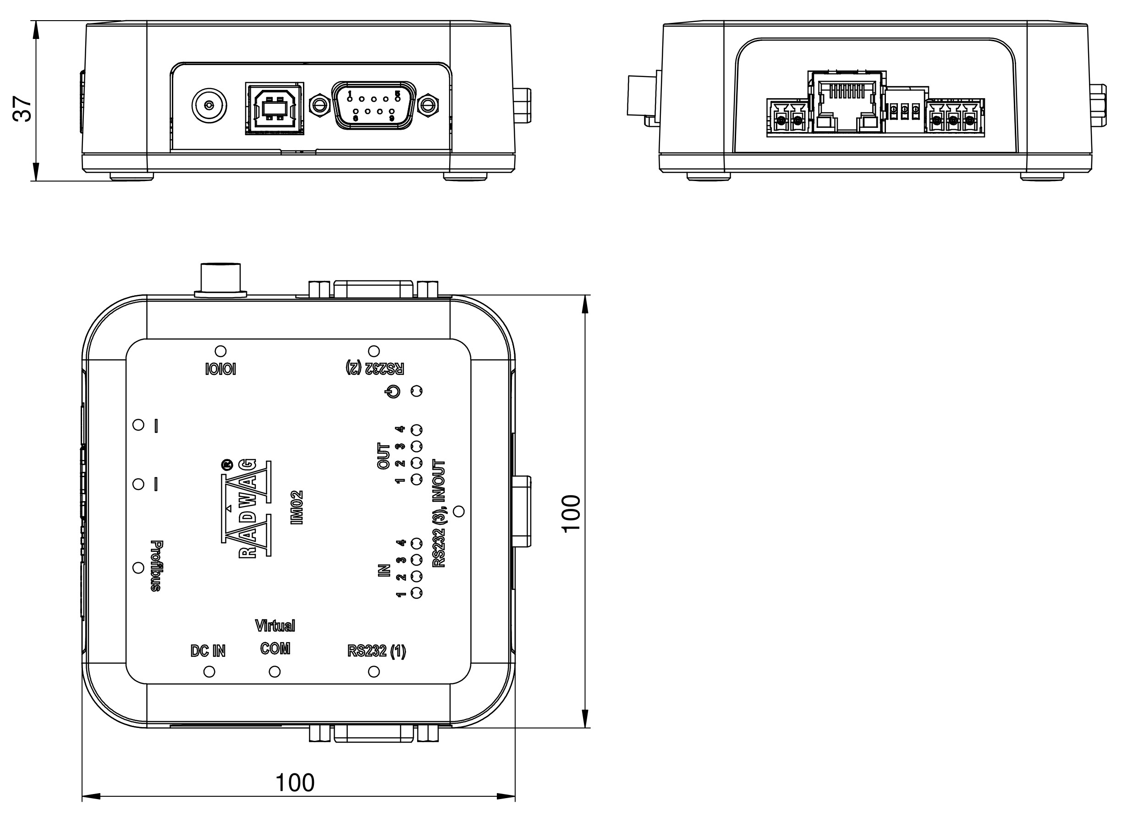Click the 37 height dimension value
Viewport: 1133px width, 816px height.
point(23,109)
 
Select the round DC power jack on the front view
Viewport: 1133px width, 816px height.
point(209,105)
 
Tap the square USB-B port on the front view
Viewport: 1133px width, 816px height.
point(275,108)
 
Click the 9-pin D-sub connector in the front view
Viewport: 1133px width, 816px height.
point(374,105)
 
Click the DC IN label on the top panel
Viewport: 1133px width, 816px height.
point(209,651)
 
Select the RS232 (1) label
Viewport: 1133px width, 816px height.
point(377,651)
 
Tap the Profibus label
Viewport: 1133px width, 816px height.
point(156,566)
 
